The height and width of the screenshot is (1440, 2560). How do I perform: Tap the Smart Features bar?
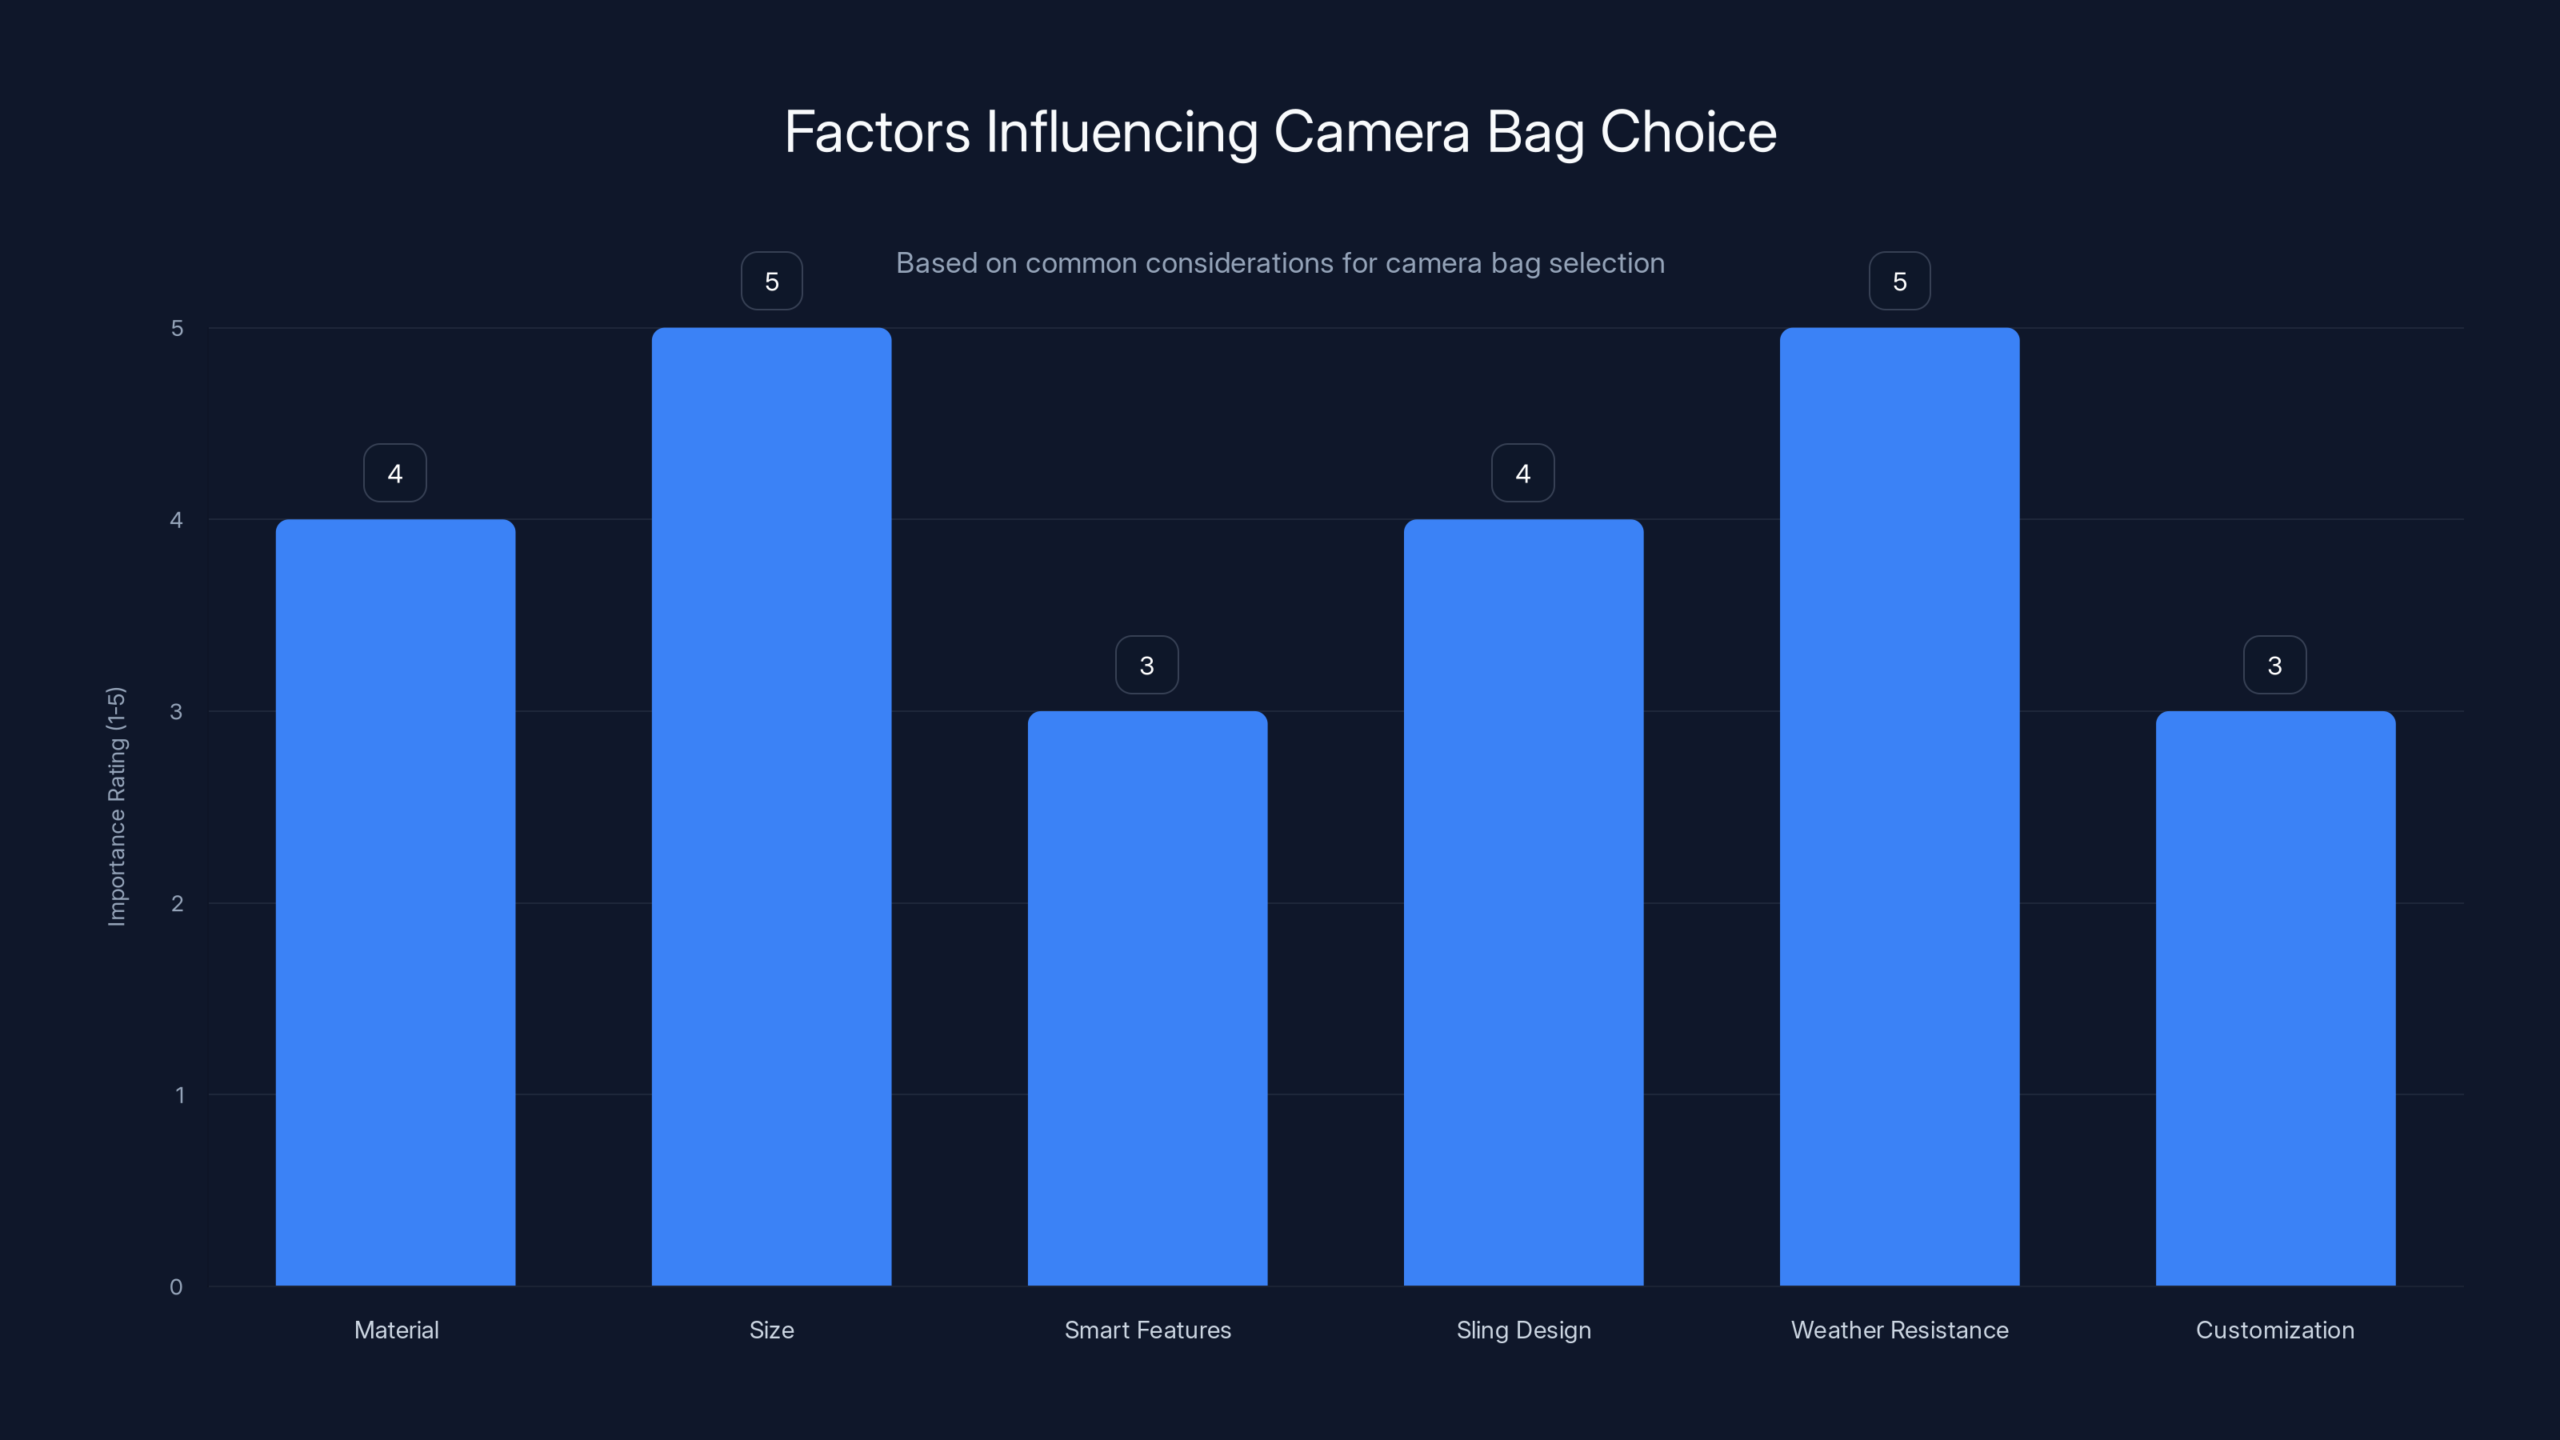pos(1147,998)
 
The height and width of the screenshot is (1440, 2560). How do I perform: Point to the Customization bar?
pos(2274,998)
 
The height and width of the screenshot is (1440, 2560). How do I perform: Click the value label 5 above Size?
pos(771,282)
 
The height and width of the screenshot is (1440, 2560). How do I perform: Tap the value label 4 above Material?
pos(395,473)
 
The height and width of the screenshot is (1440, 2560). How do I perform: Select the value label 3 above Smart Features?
pos(1147,665)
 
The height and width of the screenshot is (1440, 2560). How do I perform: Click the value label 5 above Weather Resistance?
pos(1899,282)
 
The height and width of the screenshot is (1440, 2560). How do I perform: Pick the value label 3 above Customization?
pos(2274,665)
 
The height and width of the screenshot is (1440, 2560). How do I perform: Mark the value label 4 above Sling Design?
pos(1522,473)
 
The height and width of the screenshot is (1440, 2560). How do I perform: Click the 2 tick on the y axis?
pos(177,903)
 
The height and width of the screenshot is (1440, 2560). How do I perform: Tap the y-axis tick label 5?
pos(177,328)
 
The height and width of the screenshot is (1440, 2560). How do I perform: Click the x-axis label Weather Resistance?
pos(1899,1330)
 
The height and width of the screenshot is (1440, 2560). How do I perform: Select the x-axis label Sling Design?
pos(1522,1330)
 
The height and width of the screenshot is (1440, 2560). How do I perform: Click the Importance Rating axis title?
pos(116,806)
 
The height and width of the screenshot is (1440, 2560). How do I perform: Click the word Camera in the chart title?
pos(1371,132)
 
